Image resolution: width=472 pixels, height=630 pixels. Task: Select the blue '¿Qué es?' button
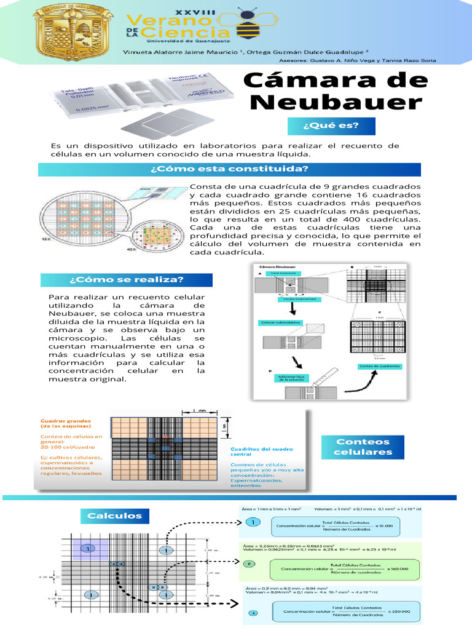tap(330, 126)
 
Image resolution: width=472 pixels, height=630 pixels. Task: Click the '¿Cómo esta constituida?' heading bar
tap(229, 169)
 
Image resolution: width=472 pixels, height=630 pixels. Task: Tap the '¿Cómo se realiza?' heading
tap(127, 280)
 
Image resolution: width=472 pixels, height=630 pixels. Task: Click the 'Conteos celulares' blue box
tap(363, 447)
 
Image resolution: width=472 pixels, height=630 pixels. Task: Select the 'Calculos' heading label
tap(114, 516)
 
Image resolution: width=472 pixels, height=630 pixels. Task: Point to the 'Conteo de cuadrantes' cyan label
tap(380, 366)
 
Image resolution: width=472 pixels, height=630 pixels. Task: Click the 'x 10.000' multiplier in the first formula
tap(384, 525)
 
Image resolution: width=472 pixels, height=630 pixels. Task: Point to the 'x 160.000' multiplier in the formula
tap(400, 568)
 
